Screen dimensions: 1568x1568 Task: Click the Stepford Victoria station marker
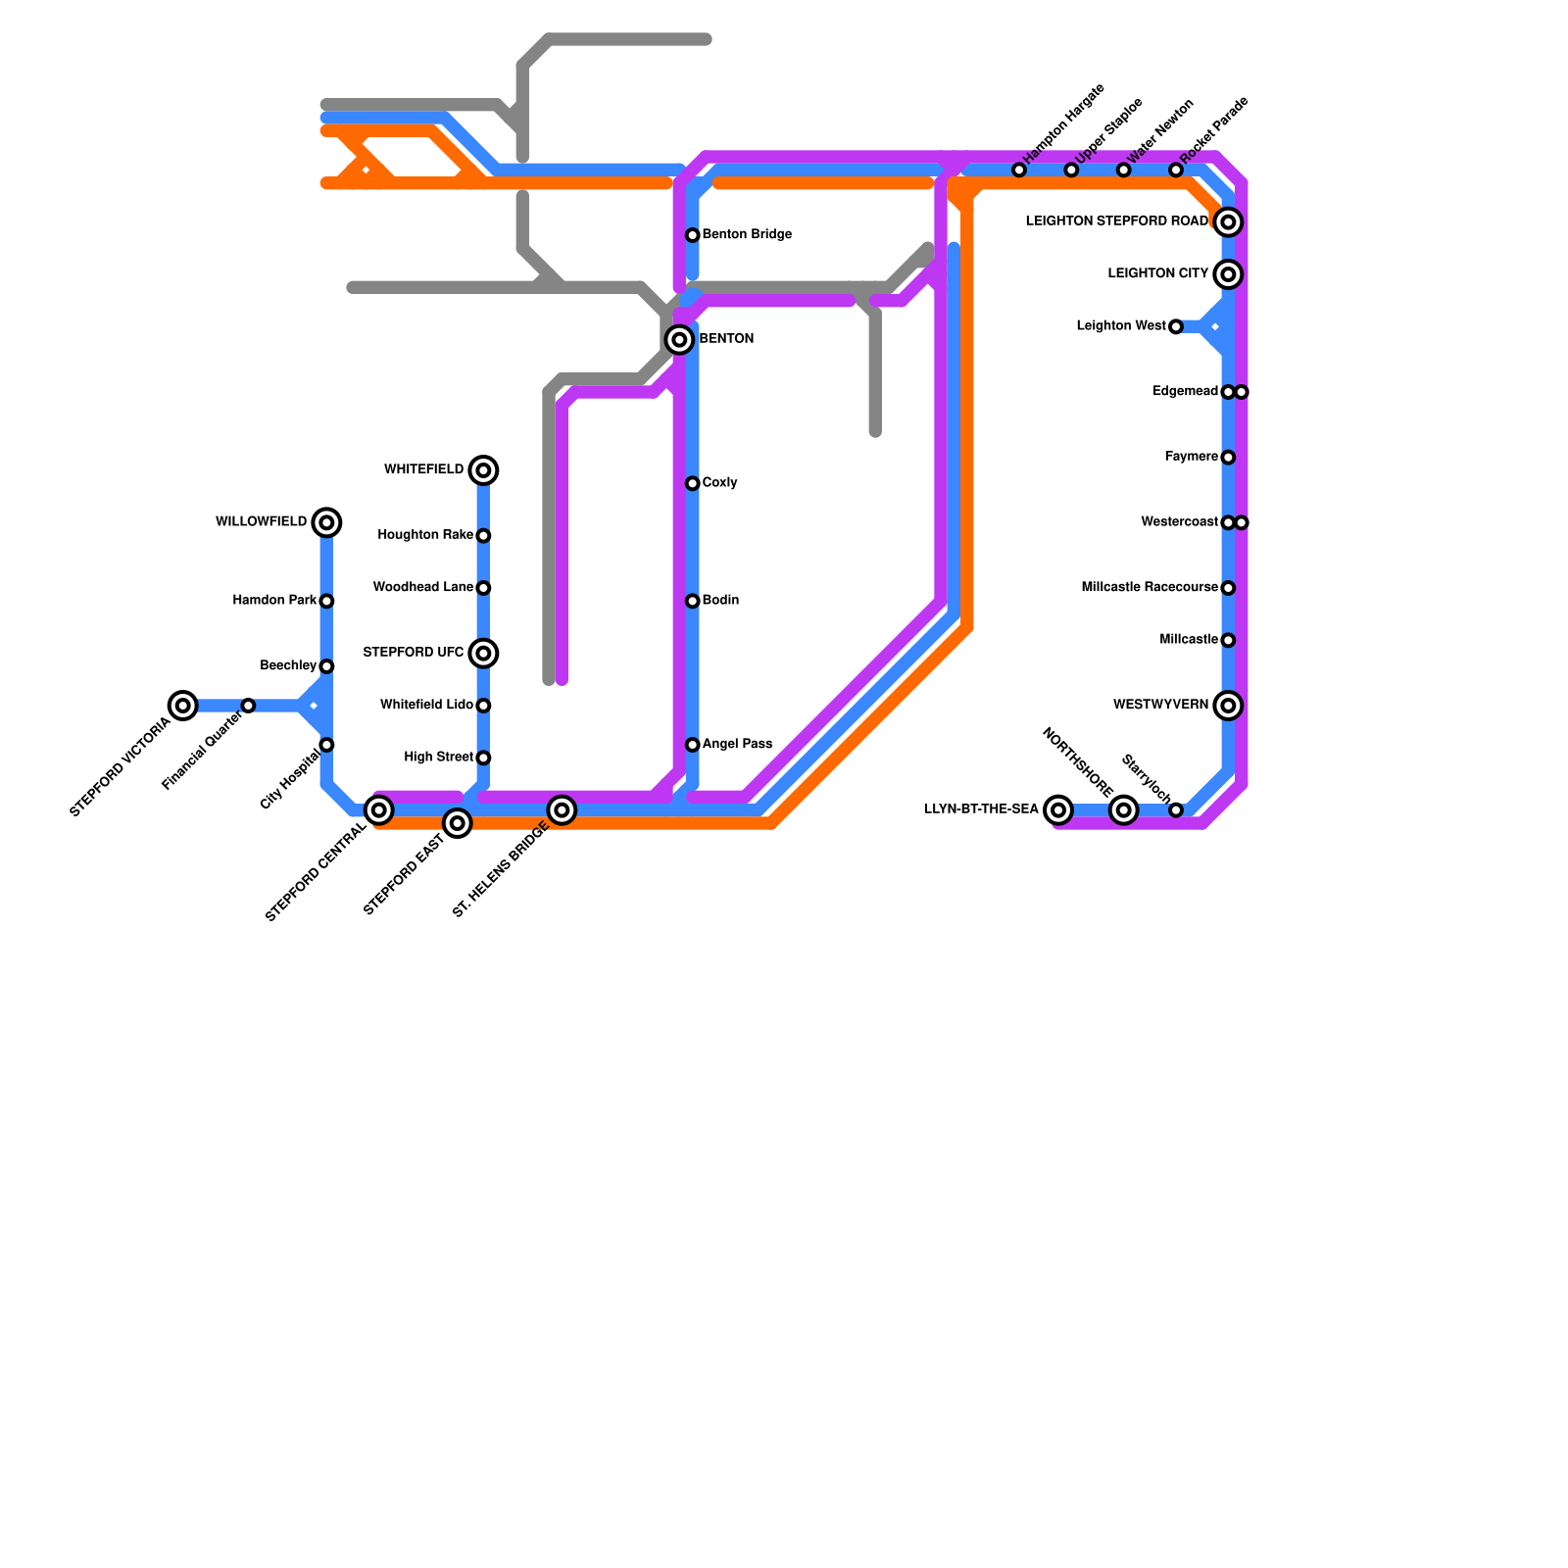(183, 706)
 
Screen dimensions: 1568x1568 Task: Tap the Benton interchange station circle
(679, 340)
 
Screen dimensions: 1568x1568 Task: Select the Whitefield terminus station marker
(483, 470)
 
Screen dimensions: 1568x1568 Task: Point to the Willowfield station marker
(326, 522)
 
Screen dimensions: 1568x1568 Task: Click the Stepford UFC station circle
(483, 653)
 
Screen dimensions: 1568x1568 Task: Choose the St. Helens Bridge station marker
(562, 810)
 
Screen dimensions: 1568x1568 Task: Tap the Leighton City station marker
(1228, 274)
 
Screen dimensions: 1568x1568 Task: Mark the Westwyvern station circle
(1228, 706)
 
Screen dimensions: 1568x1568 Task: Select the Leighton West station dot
(1176, 326)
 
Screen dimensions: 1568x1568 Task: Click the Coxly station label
(720, 483)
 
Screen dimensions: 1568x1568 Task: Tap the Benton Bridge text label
(747, 235)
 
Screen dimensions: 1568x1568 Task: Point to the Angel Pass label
(737, 745)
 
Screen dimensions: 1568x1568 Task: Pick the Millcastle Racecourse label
(1150, 588)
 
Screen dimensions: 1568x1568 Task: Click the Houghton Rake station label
(425, 535)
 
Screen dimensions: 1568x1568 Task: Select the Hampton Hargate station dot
(1019, 171)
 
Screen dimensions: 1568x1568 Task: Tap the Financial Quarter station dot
(248, 706)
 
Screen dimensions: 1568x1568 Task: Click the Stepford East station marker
(458, 823)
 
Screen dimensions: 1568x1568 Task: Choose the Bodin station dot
(693, 601)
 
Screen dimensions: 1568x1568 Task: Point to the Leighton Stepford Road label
(1116, 222)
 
